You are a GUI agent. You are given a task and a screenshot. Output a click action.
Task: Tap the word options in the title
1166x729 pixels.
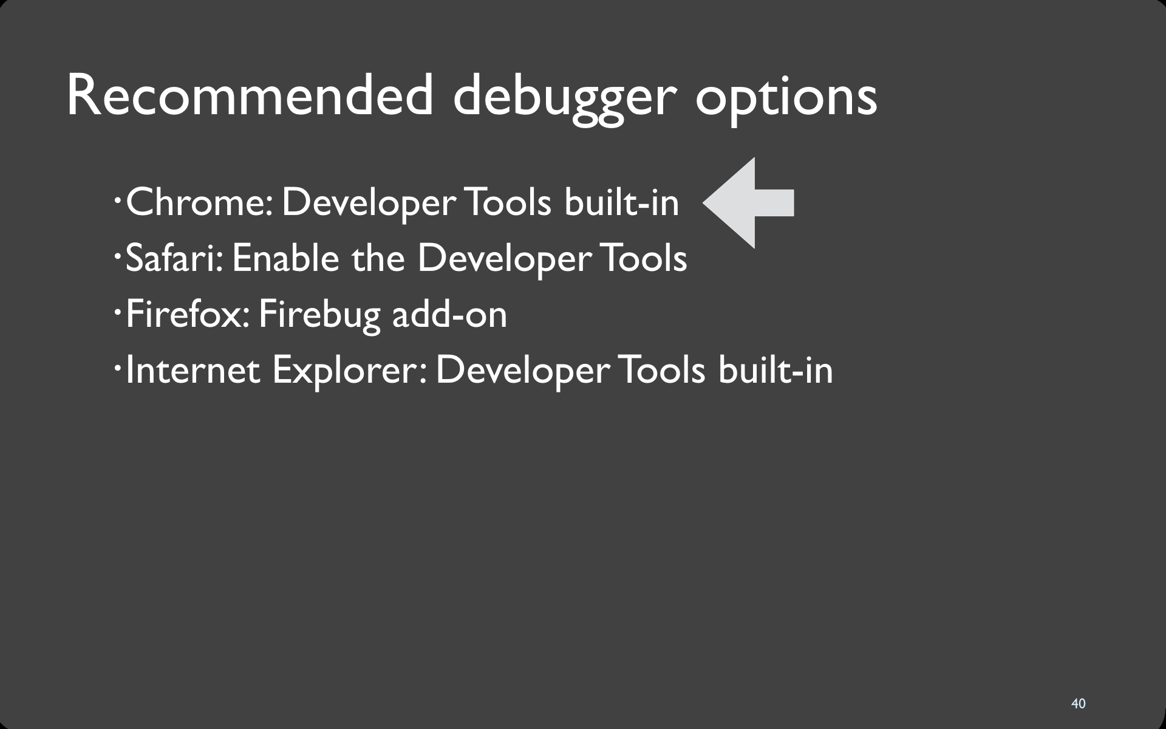tap(786, 101)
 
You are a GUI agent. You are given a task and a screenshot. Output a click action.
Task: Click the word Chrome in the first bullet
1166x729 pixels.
tap(199, 202)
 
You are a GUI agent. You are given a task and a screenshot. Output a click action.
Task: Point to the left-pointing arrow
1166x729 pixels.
tap(748, 203)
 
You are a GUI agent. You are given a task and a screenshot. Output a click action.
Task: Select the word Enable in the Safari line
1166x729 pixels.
tap(285, 258)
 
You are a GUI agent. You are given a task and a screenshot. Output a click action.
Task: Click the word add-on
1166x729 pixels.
tap(449, 314)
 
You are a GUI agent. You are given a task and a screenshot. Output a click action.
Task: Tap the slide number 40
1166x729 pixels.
tap(1079, 703)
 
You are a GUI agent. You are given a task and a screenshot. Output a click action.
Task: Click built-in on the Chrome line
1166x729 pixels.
tap(621, 202)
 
